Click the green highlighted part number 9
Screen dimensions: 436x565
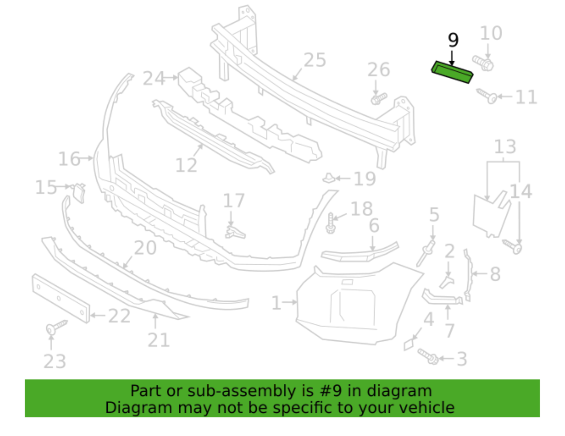(x=452, y=72)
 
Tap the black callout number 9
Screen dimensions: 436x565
(x=453, y=40)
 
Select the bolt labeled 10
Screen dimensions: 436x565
(x=483, y=63)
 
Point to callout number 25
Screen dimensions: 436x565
(x=315, y=60)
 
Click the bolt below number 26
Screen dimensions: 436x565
(x=379, y=98)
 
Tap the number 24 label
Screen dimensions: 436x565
(x=154, y=78)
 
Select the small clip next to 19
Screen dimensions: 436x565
(x=329, y=178)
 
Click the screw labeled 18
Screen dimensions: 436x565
(x=331, y=223)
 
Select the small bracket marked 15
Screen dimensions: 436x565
(x=79, y=192)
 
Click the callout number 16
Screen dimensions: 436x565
(x=69, y=159)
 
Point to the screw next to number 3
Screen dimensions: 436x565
(x=428, y=356)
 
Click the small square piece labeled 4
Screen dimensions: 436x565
(x=410, y=344)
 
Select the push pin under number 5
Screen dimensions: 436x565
(x=426, y=253)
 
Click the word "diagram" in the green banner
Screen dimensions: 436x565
(x=399, y=391)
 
